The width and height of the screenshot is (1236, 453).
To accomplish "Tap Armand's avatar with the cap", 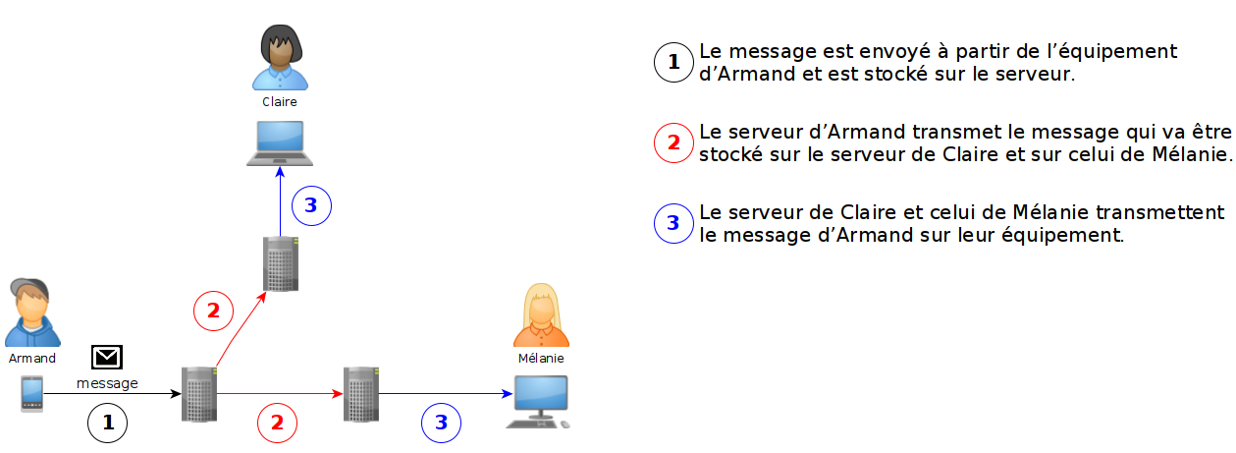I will click(x=32, y=312).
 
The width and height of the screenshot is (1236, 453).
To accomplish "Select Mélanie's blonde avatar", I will click(x=541, y=316).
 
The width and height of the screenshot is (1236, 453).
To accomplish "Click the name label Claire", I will click(x=280, y=101).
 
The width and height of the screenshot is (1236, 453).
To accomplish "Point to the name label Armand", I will click(x=32, y=359).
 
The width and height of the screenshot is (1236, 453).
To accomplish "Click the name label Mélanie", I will click(x=541, y=359).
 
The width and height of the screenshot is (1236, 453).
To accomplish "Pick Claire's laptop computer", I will click(x=280, y=143).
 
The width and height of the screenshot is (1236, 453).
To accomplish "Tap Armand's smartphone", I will click(x=32, y=394).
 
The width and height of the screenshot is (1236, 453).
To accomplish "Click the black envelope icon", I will click(x=106, y=358).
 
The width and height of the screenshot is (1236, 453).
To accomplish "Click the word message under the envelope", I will click(x=107, y=383).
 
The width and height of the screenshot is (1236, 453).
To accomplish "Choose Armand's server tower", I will click(x=199, y=394).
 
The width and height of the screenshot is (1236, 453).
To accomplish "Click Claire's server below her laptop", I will click(x=280, y=263).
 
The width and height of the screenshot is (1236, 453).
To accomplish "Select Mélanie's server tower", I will click(x=360, y=394).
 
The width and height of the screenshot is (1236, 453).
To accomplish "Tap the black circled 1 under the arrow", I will click(x=108, y=423).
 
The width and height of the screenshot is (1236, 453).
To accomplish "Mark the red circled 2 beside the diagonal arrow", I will click(x=213, y=311).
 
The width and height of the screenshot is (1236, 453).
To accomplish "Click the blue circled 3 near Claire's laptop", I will click(x=311, y=205).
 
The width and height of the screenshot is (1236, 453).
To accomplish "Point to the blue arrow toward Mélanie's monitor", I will click(x=447, y=394).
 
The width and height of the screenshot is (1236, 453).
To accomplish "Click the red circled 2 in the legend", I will click(x=673, y=142).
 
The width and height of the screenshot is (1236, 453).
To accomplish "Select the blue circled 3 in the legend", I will click(x=673, y=223).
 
